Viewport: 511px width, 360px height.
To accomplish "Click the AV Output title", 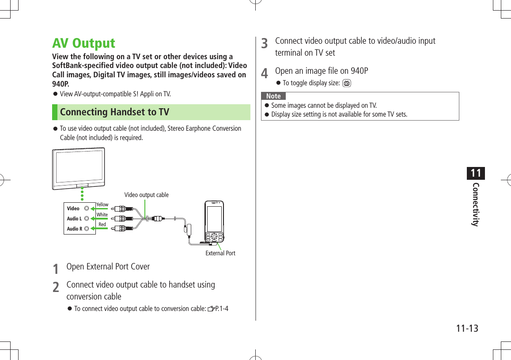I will click(x=83, y=43).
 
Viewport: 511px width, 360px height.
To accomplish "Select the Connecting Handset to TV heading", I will click(x=114, y=112).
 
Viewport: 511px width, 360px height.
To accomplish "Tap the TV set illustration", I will click(x=79, y=168).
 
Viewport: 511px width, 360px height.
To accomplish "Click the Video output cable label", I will click(x=146, y=195).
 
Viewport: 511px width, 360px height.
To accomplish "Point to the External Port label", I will click(x=220, y=253).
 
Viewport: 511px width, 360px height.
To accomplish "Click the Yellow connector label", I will click(x=102, y=205).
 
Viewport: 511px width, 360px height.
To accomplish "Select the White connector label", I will click(x=102, y=215).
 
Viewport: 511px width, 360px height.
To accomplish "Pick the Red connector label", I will click(x=102, y=224).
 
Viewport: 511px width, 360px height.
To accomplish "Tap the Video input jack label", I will click(x=73, y=208).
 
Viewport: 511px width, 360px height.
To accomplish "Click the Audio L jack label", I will click(x=74, y=219).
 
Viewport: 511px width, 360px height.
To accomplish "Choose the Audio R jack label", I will click(x=74, y=229).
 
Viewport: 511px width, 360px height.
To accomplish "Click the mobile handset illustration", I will click(x=214, y=222).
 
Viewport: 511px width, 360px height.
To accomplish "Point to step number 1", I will click(x=55, y=269).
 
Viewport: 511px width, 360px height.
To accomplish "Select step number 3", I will click(x=264, y=43).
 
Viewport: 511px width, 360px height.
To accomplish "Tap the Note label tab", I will click(x=273, y=96).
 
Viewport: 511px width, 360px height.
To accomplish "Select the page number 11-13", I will click(x=467, y=329).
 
